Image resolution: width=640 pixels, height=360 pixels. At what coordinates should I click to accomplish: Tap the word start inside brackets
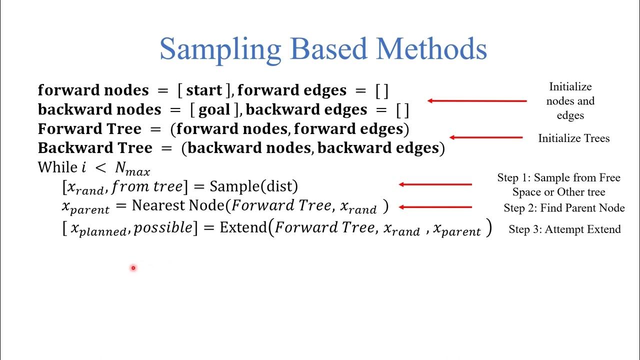[x=204, y=90]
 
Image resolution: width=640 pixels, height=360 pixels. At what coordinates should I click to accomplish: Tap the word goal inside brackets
[x=214, y=109]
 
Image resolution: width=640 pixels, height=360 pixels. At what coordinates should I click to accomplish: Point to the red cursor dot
[x=133, y=268]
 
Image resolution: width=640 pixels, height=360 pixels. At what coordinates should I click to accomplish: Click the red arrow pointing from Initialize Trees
[x=486, y=137]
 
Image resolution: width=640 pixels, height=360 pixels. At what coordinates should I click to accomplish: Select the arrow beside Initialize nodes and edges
[x=477, y=100]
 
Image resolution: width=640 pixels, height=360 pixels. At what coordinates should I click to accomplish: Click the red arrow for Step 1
[x=435, y=184]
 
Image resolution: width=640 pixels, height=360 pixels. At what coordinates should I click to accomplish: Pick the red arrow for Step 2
[x=435, y=206]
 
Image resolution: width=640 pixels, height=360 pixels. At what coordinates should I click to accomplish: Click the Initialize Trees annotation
[x=573, y=138]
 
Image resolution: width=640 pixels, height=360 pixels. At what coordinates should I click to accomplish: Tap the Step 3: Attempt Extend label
[x=564, y=229]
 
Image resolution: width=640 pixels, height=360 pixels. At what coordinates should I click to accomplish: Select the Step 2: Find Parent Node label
[x=564, y=208]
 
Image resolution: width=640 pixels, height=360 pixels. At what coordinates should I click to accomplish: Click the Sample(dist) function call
[x=253, y=186]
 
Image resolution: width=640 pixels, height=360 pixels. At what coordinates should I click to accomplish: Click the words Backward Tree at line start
[x=95, y=148]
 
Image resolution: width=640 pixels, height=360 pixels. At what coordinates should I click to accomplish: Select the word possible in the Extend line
[x=163, y=228]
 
